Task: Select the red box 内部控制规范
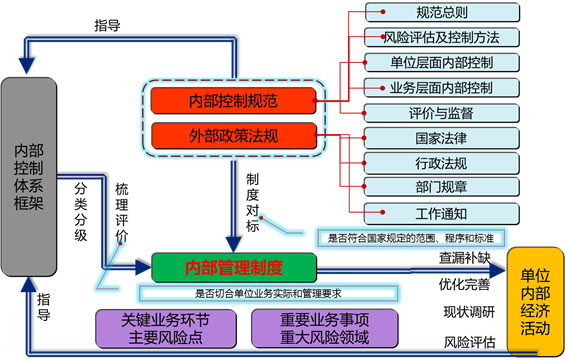[233, 100]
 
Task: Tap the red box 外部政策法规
[233, 134]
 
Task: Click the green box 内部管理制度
[233, 267]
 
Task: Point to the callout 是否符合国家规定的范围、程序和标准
[411, 238]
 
